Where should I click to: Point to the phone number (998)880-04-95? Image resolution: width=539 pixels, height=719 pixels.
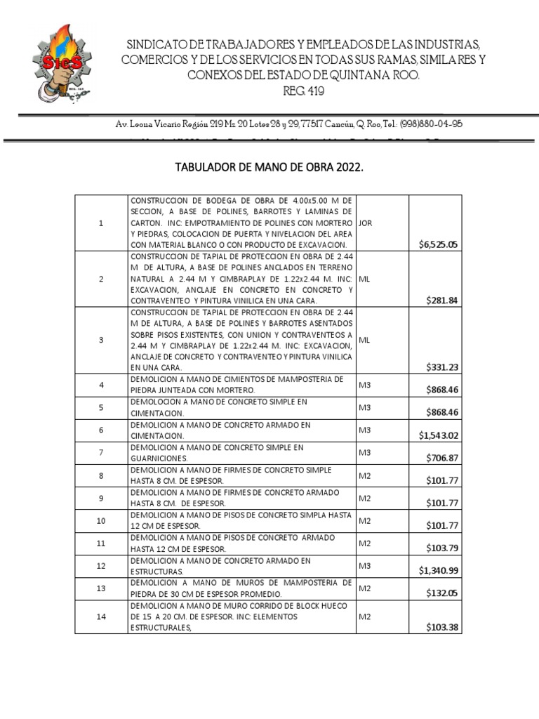[431, 124]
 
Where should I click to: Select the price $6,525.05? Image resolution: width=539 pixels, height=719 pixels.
[438, 244]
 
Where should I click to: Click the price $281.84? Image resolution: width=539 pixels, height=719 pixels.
[441, 301]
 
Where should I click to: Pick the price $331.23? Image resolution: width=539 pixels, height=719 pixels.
[441, 367]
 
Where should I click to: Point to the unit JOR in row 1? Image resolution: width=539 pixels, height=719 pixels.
[365, 223]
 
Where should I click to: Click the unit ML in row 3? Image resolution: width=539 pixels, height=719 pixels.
[364, 340]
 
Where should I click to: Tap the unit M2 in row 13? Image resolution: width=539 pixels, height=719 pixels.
[364, 588]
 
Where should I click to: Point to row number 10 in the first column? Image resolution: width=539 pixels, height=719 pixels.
[101, 520]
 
